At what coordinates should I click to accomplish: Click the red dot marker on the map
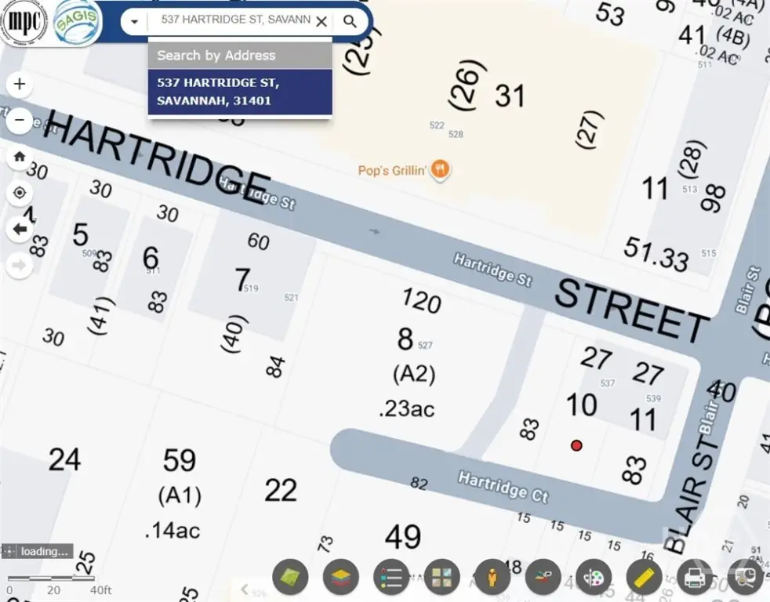[x=576, y=445]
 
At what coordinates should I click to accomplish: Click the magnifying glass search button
[x=350, y=21]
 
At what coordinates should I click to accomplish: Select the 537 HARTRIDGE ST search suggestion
[x=239, y=92]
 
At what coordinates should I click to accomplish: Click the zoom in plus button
[x=20, y=85]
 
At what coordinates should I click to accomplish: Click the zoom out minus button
[x=20, y=121]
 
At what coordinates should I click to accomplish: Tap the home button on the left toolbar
[x=20, y=156]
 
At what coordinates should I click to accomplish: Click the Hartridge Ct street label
[x=503, y=486]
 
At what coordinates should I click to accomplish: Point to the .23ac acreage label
[x=405, y=409]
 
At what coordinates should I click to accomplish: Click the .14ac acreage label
[x=173, y=530]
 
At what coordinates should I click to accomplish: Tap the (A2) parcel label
[x=413, y=374]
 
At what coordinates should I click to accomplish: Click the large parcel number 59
[x=179, y=460]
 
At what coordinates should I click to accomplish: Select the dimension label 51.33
[x=656, y=253]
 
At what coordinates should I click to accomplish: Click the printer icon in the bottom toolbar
[x=695, y=578]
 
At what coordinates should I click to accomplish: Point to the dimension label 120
[x=421, y=301]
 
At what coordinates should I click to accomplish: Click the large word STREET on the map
[x=631, y=310]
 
